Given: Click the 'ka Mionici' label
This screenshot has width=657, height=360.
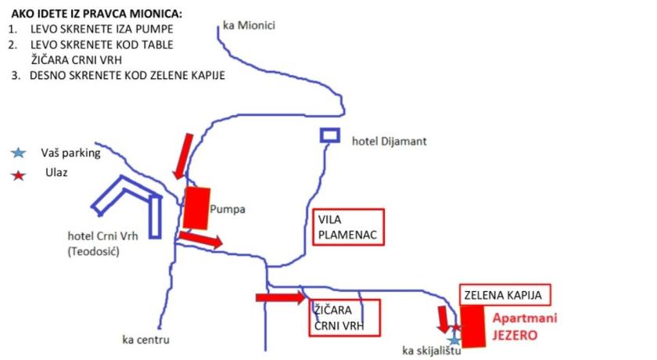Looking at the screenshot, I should [249, 25].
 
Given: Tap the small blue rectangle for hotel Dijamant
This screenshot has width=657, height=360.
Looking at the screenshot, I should [330, 135].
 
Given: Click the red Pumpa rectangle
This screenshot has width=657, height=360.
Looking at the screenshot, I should [197, 207].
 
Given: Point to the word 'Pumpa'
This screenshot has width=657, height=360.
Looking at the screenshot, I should [228, 209].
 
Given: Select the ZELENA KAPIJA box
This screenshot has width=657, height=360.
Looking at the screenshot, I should [504, 294].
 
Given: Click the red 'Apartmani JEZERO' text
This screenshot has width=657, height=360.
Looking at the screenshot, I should [519, 326].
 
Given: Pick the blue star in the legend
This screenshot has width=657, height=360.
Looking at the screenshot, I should [19, 153].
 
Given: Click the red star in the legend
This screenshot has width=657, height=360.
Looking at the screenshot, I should [19, 174].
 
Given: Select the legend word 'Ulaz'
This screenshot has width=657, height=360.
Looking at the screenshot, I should [56, 173].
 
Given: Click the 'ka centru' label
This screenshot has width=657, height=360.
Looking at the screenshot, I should [146, 339].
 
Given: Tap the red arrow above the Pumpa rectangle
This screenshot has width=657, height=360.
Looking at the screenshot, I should [182, 154].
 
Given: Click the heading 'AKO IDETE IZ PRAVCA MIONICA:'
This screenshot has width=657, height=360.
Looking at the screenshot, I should [96, 14].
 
